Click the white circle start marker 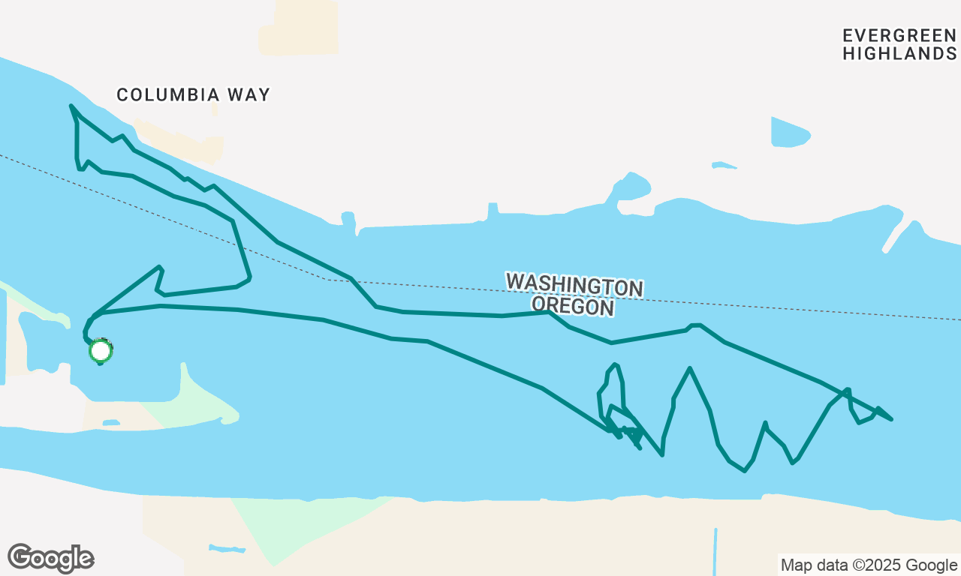[x=101, y=350]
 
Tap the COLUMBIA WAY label [x=193, y=95]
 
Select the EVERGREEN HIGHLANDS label [x=899, y=44]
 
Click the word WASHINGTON [x=574, y=286]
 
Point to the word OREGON [x=574, y=306]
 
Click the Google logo [x=50, y=558]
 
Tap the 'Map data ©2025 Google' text [x=869, y=565]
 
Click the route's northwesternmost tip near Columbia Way [x=71, y=106]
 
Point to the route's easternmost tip [x=891, y=419]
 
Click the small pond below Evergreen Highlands [x=789, y=133]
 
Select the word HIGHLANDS [x=899, y=54]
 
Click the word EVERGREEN [x=899, y=35]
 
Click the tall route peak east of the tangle [x=689, y=368]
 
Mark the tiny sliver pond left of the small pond [x=724, y=165]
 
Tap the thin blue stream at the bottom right [x=715, y=551]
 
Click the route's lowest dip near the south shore [x=744, y=471]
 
